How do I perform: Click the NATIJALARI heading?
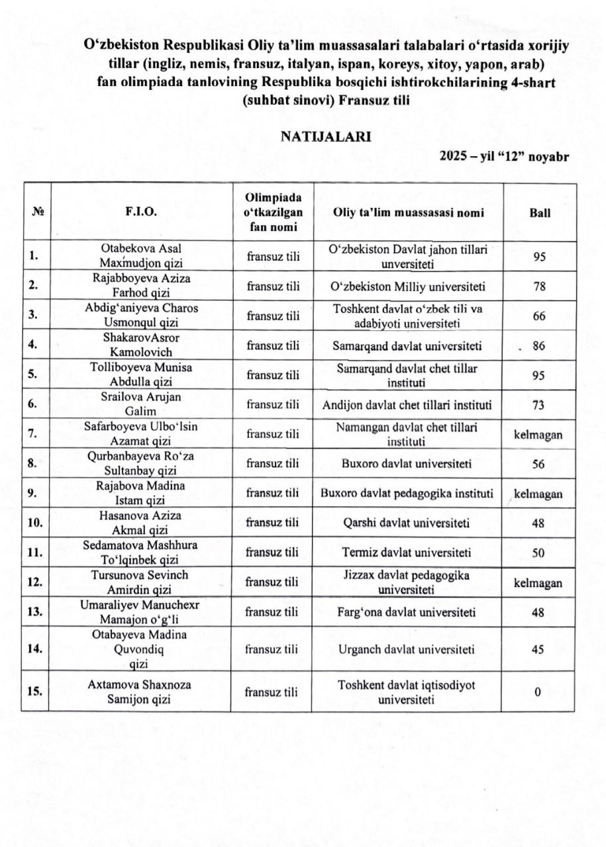[325, 136]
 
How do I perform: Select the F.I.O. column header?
[140, 213]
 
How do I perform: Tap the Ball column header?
[538, 213]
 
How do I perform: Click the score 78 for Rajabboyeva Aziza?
[538, 287]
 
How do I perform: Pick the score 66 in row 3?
[538, 316]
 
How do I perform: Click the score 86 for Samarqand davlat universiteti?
[538, 345]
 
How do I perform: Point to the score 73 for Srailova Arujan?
[538, 405]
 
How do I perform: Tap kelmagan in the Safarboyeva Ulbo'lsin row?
[538, 435]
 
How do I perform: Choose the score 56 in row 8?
[538, 464]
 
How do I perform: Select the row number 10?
[35, 523]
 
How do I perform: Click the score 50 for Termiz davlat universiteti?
[538, 553]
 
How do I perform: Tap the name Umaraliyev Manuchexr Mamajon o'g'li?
[140, 612]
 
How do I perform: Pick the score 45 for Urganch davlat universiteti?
[538, 649]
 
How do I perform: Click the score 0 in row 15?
[538, 691]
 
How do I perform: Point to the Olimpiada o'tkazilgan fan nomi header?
[271, 213]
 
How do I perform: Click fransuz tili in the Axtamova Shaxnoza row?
[271, 691]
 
